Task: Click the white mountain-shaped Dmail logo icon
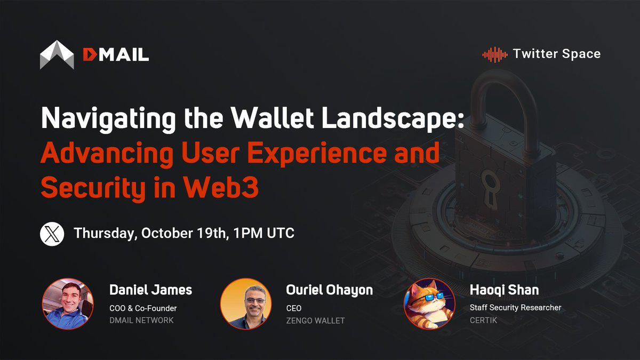[57, 54]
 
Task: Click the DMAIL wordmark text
[116, 54]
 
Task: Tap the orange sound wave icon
[495, 54]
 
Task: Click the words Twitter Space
[557, 54]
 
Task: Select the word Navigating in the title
[108, 119]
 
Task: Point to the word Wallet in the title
[273, 117]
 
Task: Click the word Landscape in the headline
[393, 119]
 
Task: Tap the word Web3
[221, 187]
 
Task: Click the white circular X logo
[52, 234]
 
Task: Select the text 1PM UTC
[263, 233]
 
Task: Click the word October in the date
[167, 233]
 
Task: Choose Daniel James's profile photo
[68, 303]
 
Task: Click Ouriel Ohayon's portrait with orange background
[246, 303]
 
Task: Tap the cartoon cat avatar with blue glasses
[429, 303]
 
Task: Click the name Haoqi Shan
[505, 290]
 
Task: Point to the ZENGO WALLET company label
[315, 321]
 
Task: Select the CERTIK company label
[483, 321]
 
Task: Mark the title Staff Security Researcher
[515, 308]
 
